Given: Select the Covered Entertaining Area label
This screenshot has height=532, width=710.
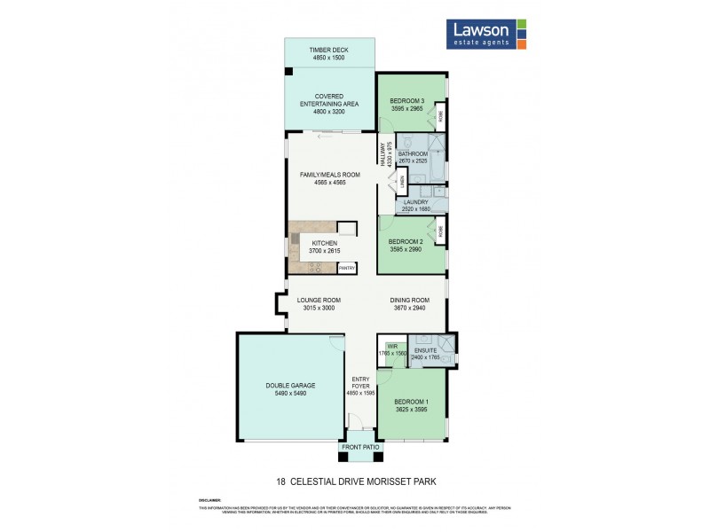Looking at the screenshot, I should coord(327,104).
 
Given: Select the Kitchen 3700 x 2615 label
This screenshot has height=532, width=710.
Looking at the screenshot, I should coord(324,247).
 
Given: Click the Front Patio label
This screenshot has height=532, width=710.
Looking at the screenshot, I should coord(360,448).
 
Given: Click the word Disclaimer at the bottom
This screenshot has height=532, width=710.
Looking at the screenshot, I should coord(209,500).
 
